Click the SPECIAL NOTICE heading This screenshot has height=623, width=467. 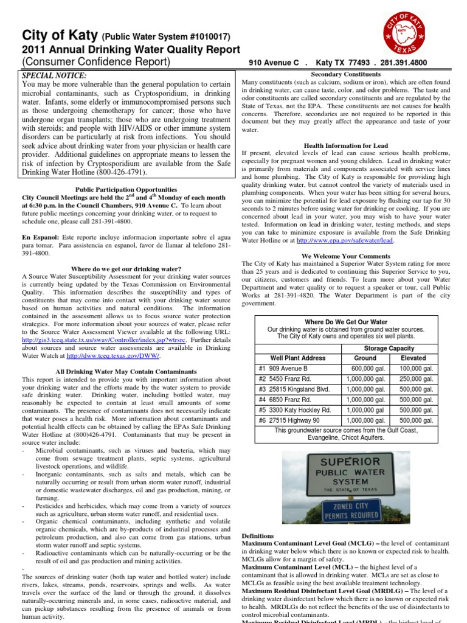pos(55,75)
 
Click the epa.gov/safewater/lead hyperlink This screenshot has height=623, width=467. pos(345,240)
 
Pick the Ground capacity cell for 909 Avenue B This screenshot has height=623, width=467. pos(365,369)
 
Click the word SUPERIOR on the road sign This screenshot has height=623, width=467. pos(350,462)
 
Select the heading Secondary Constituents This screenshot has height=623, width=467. pos(346,74)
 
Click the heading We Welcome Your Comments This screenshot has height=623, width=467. pos(346,256)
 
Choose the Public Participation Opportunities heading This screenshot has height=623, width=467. pos(126,190)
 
